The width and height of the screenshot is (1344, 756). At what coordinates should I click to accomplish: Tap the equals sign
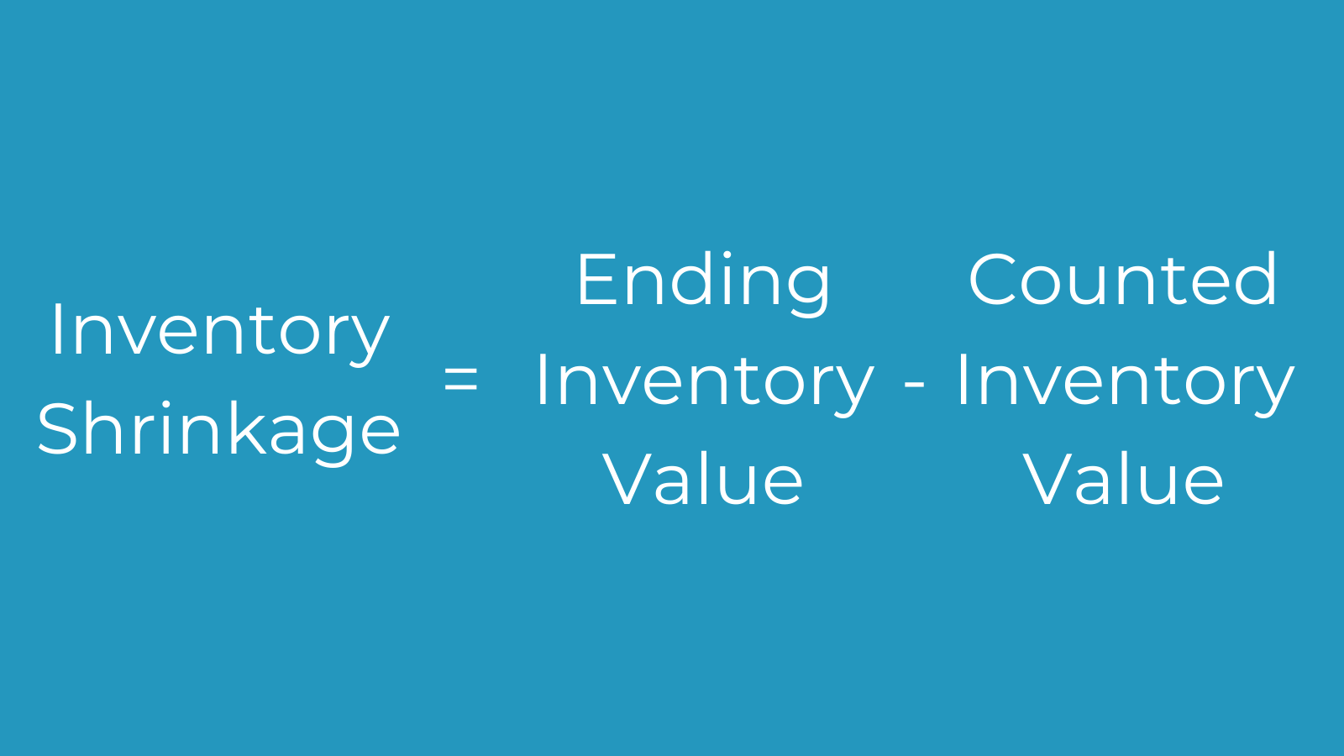[x=461, y=379]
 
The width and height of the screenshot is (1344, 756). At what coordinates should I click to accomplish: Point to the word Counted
[x=1122, y=279]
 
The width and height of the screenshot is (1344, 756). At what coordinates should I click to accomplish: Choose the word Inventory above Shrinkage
[x=220, y=333]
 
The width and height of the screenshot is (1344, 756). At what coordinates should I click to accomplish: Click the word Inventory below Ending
[x=705, y=384]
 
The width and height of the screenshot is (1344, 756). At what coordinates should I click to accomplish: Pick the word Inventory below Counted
[x=1125, y=384]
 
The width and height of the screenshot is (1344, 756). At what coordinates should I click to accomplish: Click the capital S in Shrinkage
[x=58, y=429]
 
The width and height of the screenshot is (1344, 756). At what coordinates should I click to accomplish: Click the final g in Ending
[x=809, y=291]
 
